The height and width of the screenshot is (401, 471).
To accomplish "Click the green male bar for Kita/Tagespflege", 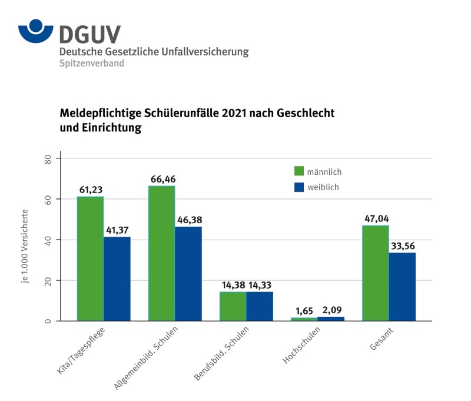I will click(90, 259).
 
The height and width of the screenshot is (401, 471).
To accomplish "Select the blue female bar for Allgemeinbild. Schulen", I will click(188, 274).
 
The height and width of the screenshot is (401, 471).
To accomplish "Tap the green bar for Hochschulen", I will click(304, 319).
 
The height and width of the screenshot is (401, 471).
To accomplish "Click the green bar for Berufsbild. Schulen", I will click(233, 306).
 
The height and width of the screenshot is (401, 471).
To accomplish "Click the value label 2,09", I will click(331, 310).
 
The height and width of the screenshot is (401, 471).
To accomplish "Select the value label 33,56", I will click(402, 246).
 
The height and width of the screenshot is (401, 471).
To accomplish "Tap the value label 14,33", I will click(260, 285).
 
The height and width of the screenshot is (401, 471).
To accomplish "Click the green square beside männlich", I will click(300, 171).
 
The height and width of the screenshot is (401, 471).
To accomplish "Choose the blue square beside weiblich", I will click(300, 187).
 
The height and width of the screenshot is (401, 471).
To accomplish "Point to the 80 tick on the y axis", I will click(49, 159).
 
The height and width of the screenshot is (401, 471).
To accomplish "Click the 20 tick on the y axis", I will click(49, 281).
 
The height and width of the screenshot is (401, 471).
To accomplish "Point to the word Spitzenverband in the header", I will click(91, 63).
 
